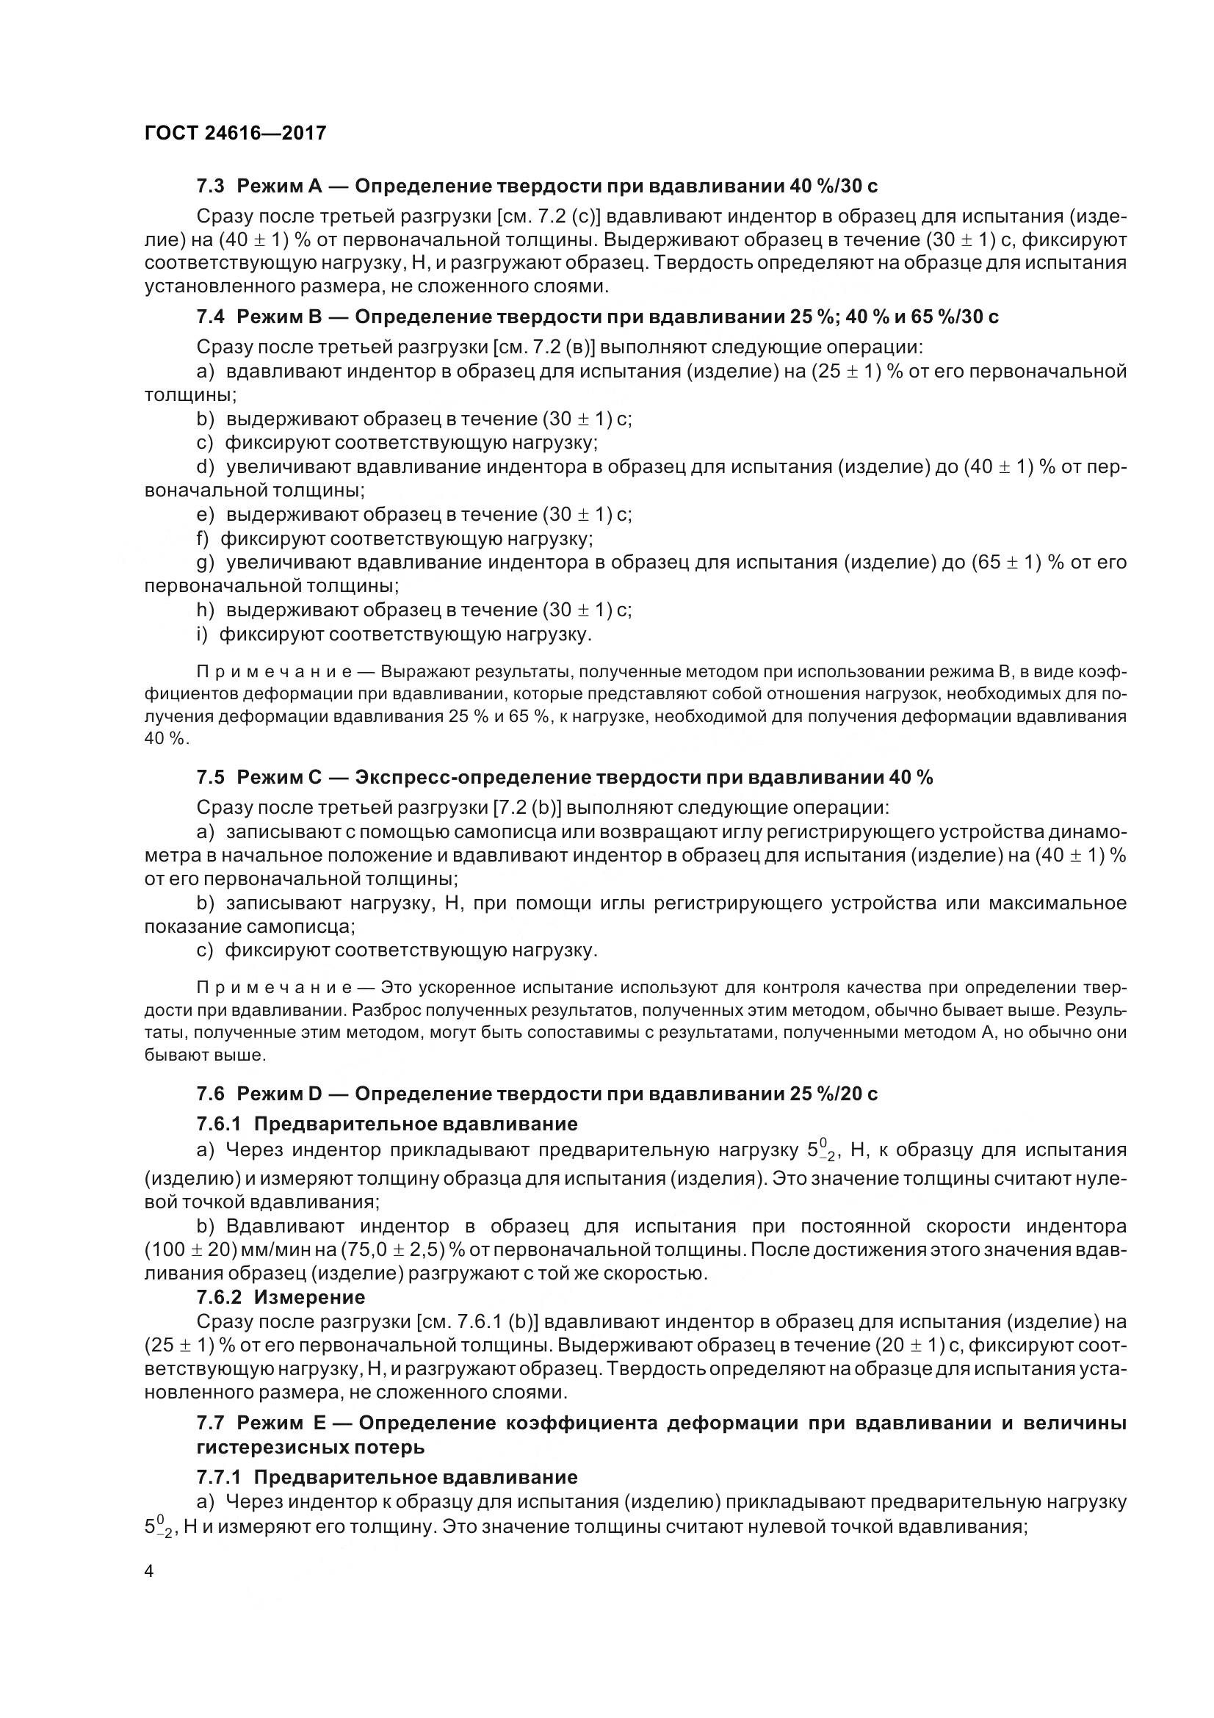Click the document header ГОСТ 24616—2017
point(235,133)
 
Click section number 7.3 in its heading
point(210,186)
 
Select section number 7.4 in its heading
point(210,317)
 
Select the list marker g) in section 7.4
point(205,563)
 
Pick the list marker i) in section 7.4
point(201,635)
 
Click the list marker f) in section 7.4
point(202,538)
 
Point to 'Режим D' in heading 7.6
point(278,1094)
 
